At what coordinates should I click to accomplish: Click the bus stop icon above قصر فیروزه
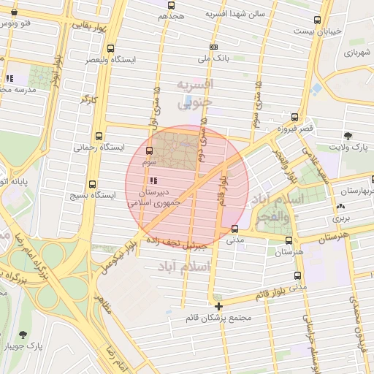pyautogui.click(x=294, y=117)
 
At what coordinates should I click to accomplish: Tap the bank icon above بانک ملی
pyautogui.click(x=213, y=47)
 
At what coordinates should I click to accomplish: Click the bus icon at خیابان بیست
pyautogui.click(x=316, y=20)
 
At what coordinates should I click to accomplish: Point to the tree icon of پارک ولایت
pyautogui.click(x=348, y=136)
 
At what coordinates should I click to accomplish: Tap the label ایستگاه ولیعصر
pyautogui.click(x=114, y=59)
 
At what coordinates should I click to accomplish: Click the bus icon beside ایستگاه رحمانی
pyautogui.click(x=99, y=136)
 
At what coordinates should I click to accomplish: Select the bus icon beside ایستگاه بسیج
pyautogui.click(x=92, y=185)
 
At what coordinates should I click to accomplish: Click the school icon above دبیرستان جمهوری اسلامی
pyautogui.click(x=153, y=180)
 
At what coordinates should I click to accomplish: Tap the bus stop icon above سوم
pyautogui.click(x=149, y=150)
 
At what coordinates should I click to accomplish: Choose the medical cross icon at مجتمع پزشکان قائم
pyautogui.click(x=218, y=305)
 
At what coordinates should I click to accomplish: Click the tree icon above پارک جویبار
pyautogui.click(x=23, y=334)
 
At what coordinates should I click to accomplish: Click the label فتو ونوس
pyautogui.click(x=17, y=25)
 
